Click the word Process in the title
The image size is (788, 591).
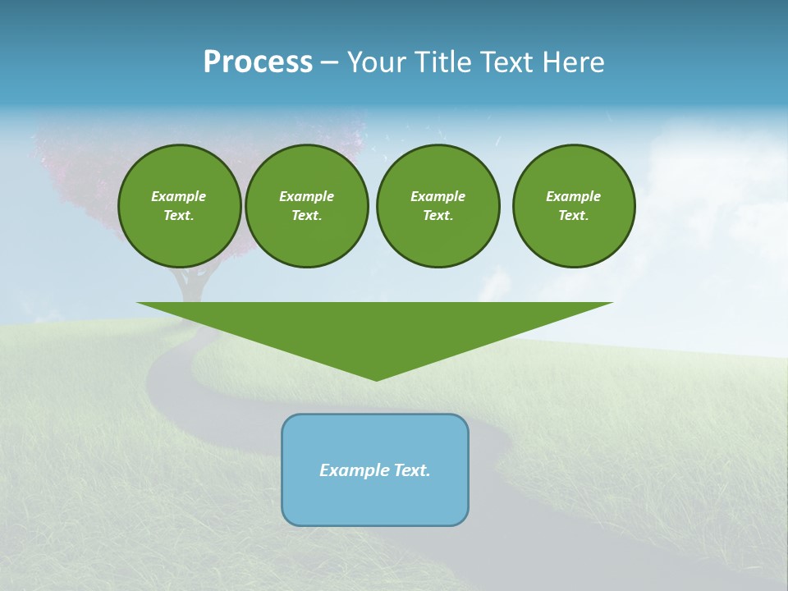(x=258, y=62)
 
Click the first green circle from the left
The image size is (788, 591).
(x=180, y=206)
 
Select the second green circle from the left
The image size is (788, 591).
(x=307, y=206)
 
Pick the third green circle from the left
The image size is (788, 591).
(x=438, y=206)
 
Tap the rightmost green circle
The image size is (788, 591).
(x=574, y=206)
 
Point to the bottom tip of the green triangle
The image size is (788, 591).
(x=376, y=379)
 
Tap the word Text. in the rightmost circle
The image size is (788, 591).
(x=574, y=216)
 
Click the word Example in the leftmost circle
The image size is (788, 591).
(x=179, y=196)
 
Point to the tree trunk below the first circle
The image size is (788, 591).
(x=188, y=284)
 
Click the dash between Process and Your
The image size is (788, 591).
(x=329, y=62)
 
